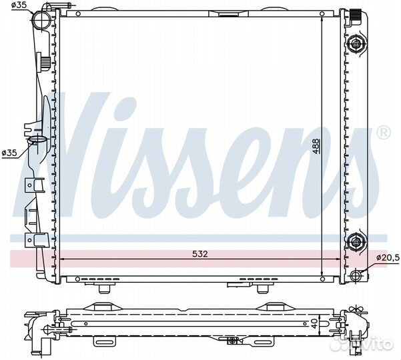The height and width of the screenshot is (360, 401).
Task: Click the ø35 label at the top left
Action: [x=19, y=5]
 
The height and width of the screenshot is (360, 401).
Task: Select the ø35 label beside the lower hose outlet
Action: [x=9, y=153]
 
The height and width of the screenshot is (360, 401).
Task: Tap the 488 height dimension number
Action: [x=317, y=146]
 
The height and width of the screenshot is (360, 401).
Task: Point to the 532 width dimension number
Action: [x=200, y=254]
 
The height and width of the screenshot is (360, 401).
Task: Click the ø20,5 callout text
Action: [x=388, y=258]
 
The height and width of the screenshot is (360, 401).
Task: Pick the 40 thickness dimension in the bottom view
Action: [x=316, y=323]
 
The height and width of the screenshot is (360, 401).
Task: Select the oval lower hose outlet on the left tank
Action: [x=37, y=140]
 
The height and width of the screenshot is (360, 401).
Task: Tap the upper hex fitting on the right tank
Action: [x=356, y=44]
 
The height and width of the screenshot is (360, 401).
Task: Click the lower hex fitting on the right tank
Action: [x=356, y=241]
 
